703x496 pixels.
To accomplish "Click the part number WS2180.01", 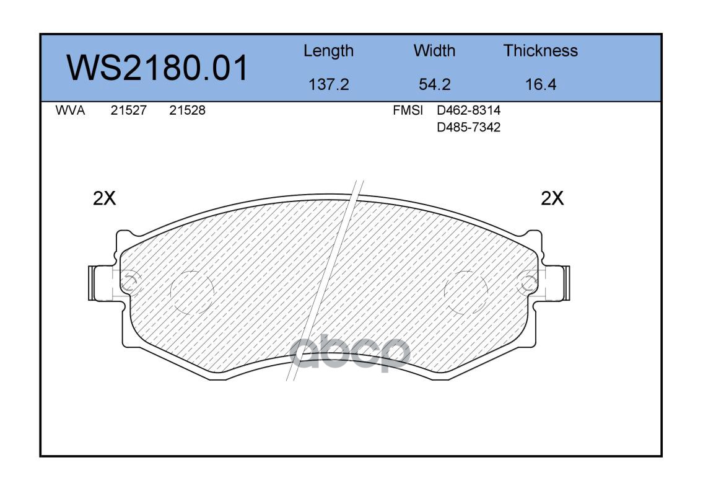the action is [x=157, y=68].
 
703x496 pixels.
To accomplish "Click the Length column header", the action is [x=329, y=51].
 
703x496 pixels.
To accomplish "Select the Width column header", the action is [x=434, y=50].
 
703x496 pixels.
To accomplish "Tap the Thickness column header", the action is [x=540, y=50].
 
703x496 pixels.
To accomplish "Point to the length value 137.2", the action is [x=329, y=84].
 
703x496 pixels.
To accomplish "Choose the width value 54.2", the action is [x=434, y=84].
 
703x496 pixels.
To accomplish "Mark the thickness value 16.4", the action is [x=541, y=84].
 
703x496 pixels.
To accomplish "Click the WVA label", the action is [x=70, y=110].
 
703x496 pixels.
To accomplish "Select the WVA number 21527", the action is [x=129, y=110].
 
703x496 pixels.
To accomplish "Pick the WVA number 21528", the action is [x=187, y=110].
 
